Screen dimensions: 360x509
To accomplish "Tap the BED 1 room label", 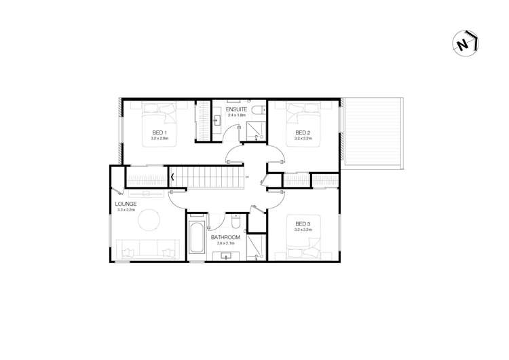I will pyautogui.click(x=159, y=132).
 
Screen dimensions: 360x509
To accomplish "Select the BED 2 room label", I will pyautogui.click(x=303, y=132).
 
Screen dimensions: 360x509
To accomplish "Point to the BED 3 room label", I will pyautogui.click(x=303, y=224).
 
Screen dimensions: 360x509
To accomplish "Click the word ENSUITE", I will pyautogui.click(x=236, y=109).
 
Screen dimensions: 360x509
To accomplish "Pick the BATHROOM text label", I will pyautogui.click(x=223, y=237).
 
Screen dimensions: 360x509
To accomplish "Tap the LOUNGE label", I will pyautogui.click(x=126, y=204).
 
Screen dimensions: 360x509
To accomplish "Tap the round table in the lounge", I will pyautogui.click(x=148, y=219).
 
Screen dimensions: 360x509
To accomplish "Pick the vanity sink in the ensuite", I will pyautogui.click(x=217, y=122).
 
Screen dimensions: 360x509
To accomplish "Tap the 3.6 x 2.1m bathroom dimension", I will pyautogui.click(x=223, y=242).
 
